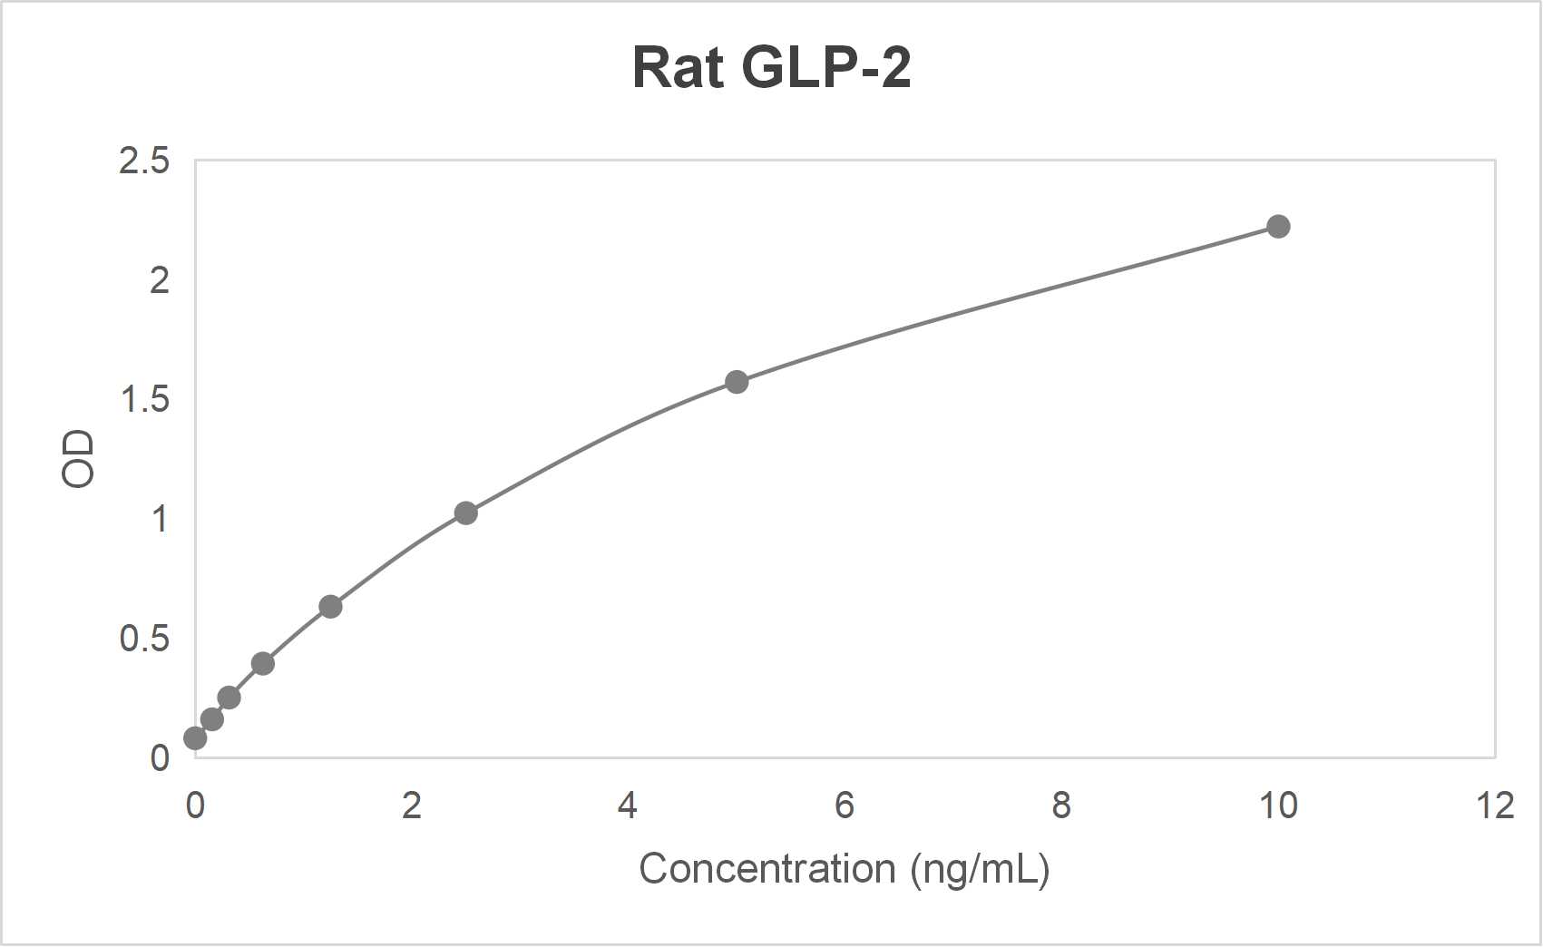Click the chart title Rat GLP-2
coord(771,68)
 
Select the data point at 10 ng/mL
coord(1278,227)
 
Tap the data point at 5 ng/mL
coord(737,382)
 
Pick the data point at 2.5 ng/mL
coord(465,513)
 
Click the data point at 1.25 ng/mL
coord(330,607)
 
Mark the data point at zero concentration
coord(195,738)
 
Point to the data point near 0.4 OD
coord(263,664)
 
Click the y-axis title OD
coord(79,459)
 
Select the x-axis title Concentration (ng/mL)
coord(844,869)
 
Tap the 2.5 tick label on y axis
coord(144,161)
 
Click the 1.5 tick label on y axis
coord(144,400)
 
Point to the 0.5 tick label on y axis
coord(144,639)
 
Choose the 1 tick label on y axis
coord(160,520)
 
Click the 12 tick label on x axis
coord(1494,805)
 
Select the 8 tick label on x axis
coord(1061,805)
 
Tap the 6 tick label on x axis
coord(845,805)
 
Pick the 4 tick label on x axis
coord(628,805)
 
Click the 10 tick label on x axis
coord(1278,805)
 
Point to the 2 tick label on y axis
coord(160,281)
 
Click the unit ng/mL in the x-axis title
coord(980,869)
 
